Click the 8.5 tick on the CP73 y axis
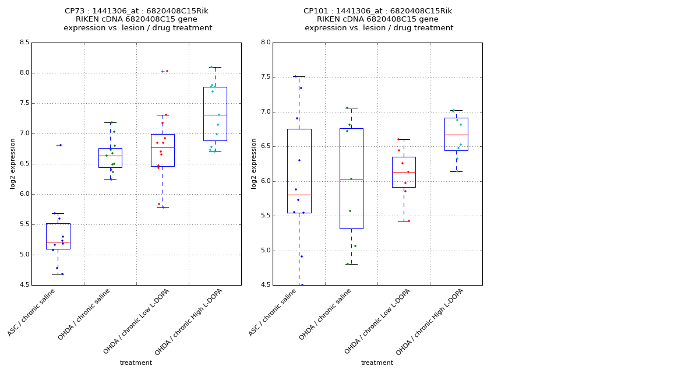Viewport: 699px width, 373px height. point(25,43)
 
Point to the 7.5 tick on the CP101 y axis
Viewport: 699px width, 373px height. point(266,77)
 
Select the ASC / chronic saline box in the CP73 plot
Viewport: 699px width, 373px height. point(58,236)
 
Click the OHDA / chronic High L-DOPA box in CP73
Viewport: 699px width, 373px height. point(215,114)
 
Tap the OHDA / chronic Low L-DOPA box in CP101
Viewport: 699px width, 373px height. point(404,172)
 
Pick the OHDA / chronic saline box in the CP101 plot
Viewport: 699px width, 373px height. point(351,178)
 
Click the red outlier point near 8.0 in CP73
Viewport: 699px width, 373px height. point(167,71)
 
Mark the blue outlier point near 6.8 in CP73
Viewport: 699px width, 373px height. point(61,145)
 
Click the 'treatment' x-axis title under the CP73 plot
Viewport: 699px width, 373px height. point(136,363)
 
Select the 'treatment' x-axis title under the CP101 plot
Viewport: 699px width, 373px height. point(377,363)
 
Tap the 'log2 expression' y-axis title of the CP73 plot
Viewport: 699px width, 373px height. point(13,163)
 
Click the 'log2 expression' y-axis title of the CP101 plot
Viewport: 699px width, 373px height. point(254,163)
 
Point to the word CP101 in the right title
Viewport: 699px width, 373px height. point(315,11)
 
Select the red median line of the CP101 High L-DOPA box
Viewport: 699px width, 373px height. point(456,135)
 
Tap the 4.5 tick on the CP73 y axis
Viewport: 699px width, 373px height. point(25,285)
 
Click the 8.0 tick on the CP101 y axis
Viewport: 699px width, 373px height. point(266,43)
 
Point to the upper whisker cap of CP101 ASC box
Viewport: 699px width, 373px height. point(299,76)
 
